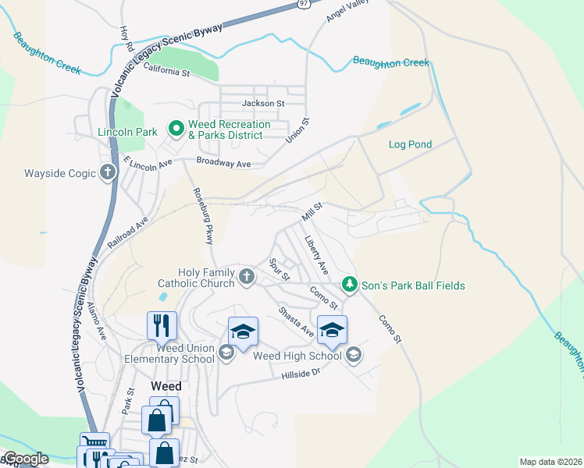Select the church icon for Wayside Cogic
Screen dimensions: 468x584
(108, 173)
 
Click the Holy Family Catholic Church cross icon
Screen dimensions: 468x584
(247, 277)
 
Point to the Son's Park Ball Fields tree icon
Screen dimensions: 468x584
(350, 285)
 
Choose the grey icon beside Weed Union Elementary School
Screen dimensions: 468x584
(226, 353)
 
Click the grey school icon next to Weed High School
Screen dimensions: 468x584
(354, 356)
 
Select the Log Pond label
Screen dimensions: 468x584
(410, 144)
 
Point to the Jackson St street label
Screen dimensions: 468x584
(263, 103)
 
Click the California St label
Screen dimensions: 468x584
(167, 73)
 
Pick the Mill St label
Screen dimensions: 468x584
(312, 210)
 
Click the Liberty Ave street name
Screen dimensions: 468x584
(316, 255)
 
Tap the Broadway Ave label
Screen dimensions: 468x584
(223, 164)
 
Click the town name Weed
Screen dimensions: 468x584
(166, 386)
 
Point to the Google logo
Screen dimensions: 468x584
(25, 459)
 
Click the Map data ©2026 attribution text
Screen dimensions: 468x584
(550, 462)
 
